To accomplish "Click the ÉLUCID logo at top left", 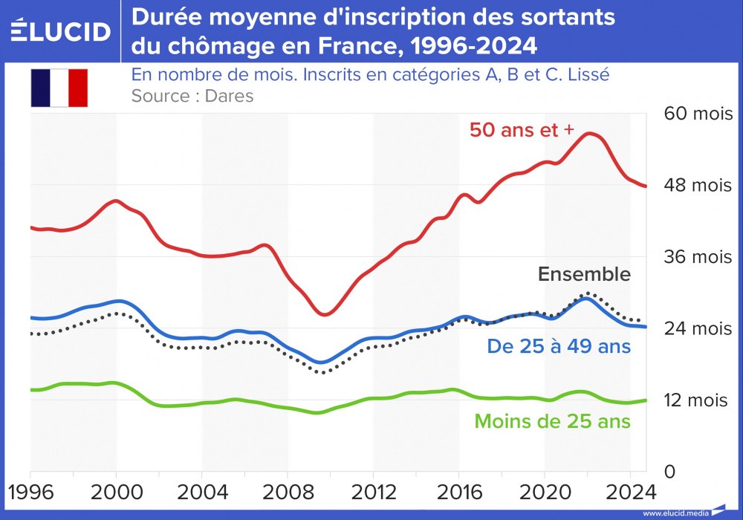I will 61,31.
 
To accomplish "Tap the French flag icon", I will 59,88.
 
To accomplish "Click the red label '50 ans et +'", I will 522,129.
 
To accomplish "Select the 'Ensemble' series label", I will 584,274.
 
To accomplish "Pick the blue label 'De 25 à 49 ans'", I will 559,346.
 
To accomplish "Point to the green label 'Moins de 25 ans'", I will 552,421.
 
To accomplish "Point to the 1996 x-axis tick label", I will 30,493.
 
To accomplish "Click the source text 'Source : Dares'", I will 192,96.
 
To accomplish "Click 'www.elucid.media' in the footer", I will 676,513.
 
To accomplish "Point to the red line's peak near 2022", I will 589,134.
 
